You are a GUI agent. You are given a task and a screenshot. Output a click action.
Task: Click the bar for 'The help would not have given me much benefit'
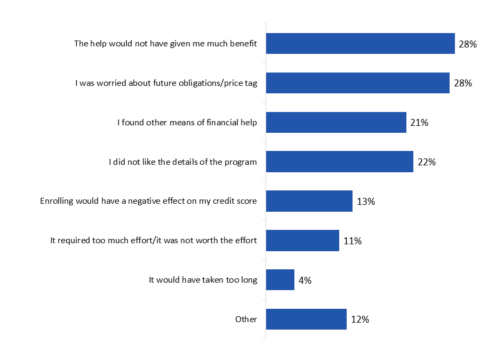point(360,43)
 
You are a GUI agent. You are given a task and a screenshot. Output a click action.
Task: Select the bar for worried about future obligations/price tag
point(357,83)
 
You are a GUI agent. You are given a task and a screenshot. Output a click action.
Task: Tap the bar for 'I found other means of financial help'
point(336,122)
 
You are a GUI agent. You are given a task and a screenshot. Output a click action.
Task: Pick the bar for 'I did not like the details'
point(339,162)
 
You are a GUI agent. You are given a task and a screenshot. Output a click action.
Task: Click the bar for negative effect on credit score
point(309,201)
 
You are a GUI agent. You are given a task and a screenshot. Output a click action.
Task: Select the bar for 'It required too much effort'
point(302,241)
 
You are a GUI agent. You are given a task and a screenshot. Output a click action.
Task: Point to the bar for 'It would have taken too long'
point(280,280)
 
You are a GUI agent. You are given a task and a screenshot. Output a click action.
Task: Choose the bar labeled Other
point(306,319)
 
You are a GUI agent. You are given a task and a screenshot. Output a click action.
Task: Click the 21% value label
point(420,123)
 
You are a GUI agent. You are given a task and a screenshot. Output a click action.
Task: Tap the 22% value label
point(427,162)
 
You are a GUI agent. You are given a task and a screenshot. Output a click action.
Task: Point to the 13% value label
point(366,202)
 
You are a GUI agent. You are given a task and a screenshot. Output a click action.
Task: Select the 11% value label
point(353,241)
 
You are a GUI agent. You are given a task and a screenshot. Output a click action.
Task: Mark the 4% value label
point(305,281)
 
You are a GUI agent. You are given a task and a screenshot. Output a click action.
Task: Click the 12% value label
point(360,320)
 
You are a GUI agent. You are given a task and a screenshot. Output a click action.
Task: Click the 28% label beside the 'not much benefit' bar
point(467,44)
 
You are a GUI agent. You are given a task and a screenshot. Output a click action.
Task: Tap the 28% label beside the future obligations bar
point(462,83)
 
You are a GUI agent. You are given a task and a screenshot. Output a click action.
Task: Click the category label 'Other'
point(246,319)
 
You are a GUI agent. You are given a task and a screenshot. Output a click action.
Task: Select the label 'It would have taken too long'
point(203,280)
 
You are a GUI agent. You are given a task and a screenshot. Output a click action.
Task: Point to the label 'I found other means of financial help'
point(187,122)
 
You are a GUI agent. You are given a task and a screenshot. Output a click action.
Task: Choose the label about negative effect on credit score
point(148,201)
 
